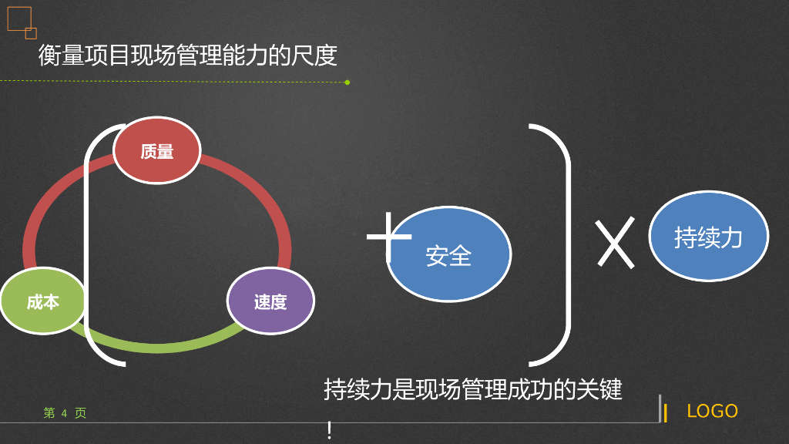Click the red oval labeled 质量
[156, 150]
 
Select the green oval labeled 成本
[43, 301]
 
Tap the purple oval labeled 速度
[270, 301]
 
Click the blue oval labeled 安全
[448, 254]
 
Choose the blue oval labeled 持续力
[708, 236]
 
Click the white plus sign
[389, 237]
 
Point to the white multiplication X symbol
[616, 242]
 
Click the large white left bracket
[90, 247]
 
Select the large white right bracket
[566, 247]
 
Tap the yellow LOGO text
[712, 411]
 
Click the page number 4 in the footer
[64, 413]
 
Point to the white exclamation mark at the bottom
[329, 430]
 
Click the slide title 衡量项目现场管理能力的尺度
[187, 55]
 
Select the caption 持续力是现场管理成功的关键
[472, 389]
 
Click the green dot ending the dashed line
[347, 82]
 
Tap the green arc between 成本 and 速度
[162, 345]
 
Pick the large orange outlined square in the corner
[18, 18]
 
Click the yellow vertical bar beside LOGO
[666, 412]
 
